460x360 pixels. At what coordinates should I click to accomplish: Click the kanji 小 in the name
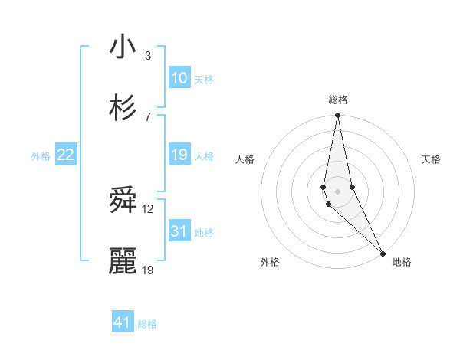pos(123,47)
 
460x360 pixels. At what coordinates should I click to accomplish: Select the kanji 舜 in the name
pos(123,201)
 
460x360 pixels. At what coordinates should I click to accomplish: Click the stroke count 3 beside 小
pos(148,55)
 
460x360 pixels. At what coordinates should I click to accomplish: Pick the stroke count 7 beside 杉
pos(148,116)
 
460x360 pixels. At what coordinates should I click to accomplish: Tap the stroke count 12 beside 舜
pos(148,209)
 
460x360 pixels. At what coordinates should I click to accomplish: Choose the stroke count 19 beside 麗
pos(148,270)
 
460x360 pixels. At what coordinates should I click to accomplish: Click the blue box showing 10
pos(179,78)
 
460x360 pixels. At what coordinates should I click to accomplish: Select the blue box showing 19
pos(179,155)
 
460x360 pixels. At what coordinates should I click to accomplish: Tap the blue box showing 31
pos(179,231)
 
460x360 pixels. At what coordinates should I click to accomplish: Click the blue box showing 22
pos(66,155)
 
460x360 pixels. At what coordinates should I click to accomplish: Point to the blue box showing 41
pos(123,322)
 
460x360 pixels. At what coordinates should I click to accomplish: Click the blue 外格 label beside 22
pos(41,156)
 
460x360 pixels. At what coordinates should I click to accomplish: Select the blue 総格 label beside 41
pos(147,324)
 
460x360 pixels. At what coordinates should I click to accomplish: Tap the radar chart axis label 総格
pos(338,100)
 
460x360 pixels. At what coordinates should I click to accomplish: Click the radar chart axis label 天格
pos(432,159)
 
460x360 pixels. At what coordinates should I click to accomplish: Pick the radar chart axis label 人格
pos(245,159)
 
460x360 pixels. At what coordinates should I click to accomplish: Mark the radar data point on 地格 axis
pos(383,253)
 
